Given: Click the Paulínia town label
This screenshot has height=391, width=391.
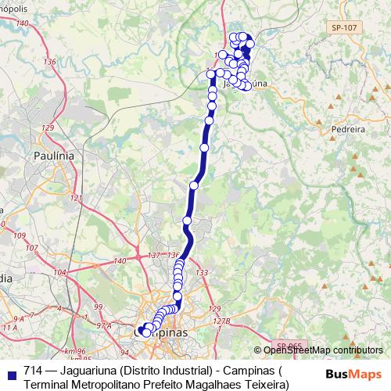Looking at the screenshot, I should coord(54,156).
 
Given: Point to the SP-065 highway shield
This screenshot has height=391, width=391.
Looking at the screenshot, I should coord(290,344).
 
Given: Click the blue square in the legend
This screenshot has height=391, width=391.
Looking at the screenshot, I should coord(10,372).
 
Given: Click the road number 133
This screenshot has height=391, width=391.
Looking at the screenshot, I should coord(202,272).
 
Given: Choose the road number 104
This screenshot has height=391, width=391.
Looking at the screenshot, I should coord(60,273).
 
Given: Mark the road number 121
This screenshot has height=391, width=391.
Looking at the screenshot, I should coord(76,199).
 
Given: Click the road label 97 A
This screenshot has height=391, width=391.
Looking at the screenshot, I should coord(102,323).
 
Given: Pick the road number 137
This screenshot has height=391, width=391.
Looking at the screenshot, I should coord(153,256).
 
